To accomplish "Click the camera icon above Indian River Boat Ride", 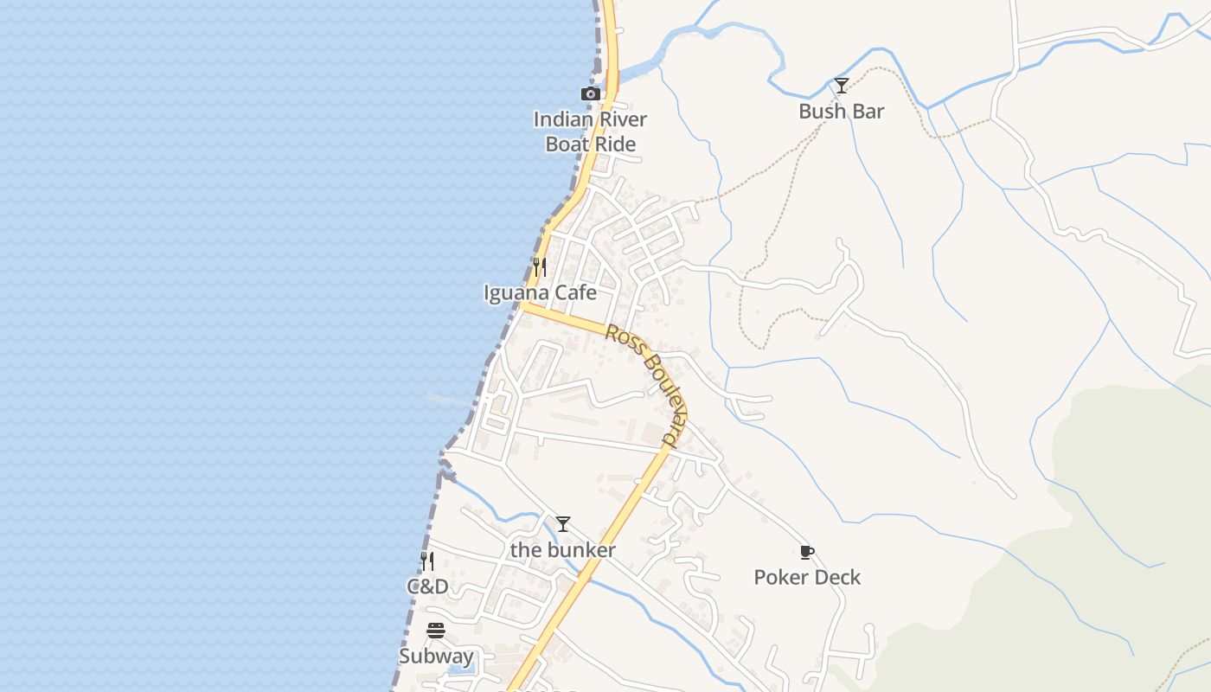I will (x=590, y=93).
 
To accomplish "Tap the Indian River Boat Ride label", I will (x=590, y=131).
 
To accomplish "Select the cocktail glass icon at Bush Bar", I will (x=841, y=85).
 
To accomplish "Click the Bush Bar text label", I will (x=841, y=111).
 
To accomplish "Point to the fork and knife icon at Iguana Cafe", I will (x=539, y=266).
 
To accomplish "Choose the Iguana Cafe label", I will (x=540, y=292).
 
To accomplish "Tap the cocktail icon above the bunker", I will (x=563, y=524).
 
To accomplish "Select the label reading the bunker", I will (x=563, y=550).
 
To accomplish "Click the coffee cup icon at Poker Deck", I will (x=807, y=552).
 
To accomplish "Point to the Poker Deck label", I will (x=807, y=577).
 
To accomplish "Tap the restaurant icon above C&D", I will (x=427, y=561).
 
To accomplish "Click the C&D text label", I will (x=427, y=586).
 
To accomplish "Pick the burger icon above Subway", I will (x=436, y=631).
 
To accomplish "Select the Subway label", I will (x=436, y=657).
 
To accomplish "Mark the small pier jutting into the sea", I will (x=450, y=400).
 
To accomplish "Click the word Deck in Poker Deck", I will (x=839, y=577).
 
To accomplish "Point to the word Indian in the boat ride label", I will (x=563, y=119).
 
